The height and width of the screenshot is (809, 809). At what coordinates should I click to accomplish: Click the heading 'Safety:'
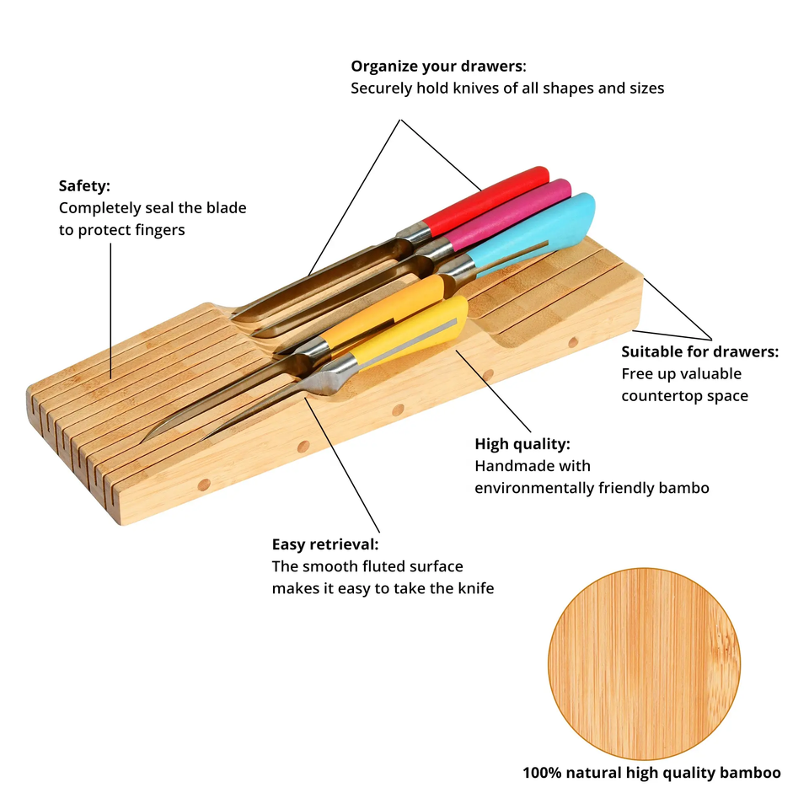pyautogui.click(x=84, y=185)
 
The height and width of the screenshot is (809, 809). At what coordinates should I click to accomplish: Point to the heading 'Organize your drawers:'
pyautogui.click(x=438, y=66)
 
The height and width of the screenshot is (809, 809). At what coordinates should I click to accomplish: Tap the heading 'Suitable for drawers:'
pyautogui.click(x=699, y=352)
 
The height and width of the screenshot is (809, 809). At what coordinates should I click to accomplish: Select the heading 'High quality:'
pyautogui.click(x=522, y=444)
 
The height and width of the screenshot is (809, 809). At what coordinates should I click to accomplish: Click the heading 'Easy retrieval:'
pyautogui.click(x=325, y=545)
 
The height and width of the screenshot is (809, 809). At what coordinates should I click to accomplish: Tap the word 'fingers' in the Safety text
pyautogui.click(x=157, y=230)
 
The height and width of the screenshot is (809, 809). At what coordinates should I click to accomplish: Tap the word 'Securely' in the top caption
pyautogui.click(x=382, y=88)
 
